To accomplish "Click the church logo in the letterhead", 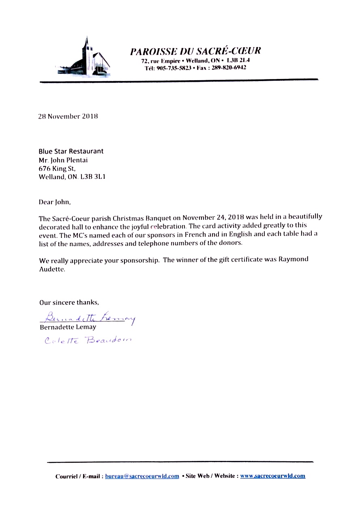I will (84, 58).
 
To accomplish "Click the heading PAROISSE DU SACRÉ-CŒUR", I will (195, 51).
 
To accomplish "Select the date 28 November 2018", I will (68, 116).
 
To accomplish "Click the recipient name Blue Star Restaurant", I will (71, 151).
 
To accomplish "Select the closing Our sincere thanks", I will (69, 302).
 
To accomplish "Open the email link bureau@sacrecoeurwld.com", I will (142, 476).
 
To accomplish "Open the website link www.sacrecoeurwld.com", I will (272, 476).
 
